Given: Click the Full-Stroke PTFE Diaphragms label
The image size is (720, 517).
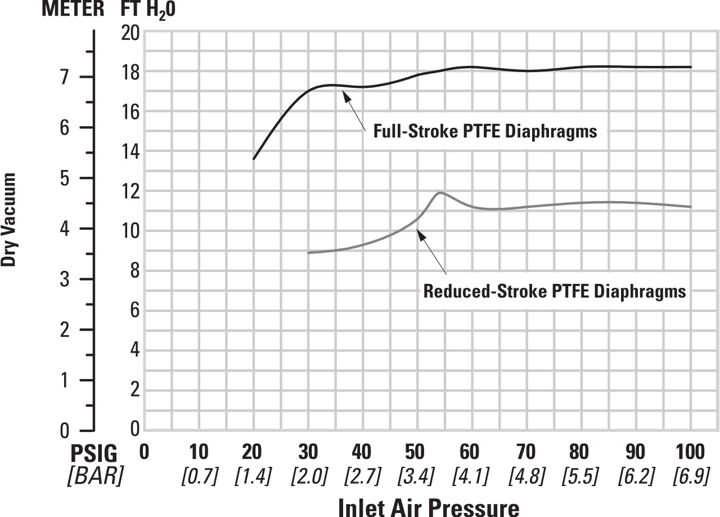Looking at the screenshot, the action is click(x=485, y=131).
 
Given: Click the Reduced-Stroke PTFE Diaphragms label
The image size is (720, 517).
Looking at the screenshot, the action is click(x=555, y=291).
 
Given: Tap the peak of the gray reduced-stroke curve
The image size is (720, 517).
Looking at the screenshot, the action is click(x=440, y=193).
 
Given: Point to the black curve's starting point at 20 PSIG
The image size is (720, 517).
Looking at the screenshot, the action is click(x=254, y=159).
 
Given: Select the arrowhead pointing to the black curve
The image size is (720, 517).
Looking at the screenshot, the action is click(x=345, y=96).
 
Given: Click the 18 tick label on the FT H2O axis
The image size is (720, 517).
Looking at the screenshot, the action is click(x=130, y=73).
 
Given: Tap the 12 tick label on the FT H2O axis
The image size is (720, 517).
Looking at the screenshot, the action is click(x=130, y=191).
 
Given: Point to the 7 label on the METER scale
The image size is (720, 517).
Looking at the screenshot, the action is click(x=64, y=77).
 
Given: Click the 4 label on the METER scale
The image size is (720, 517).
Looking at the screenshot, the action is click(x=64, y=229).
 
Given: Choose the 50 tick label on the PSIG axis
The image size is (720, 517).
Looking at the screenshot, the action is click(x=415, y=452).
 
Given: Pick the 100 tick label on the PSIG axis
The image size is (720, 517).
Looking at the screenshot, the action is click(x=690, y=452).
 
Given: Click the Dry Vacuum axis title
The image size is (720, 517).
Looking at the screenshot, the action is click(x=8, y=220).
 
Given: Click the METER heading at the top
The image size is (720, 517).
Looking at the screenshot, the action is click(x=73, y=8).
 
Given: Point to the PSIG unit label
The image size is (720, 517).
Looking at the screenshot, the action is click(x=94, y=453).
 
